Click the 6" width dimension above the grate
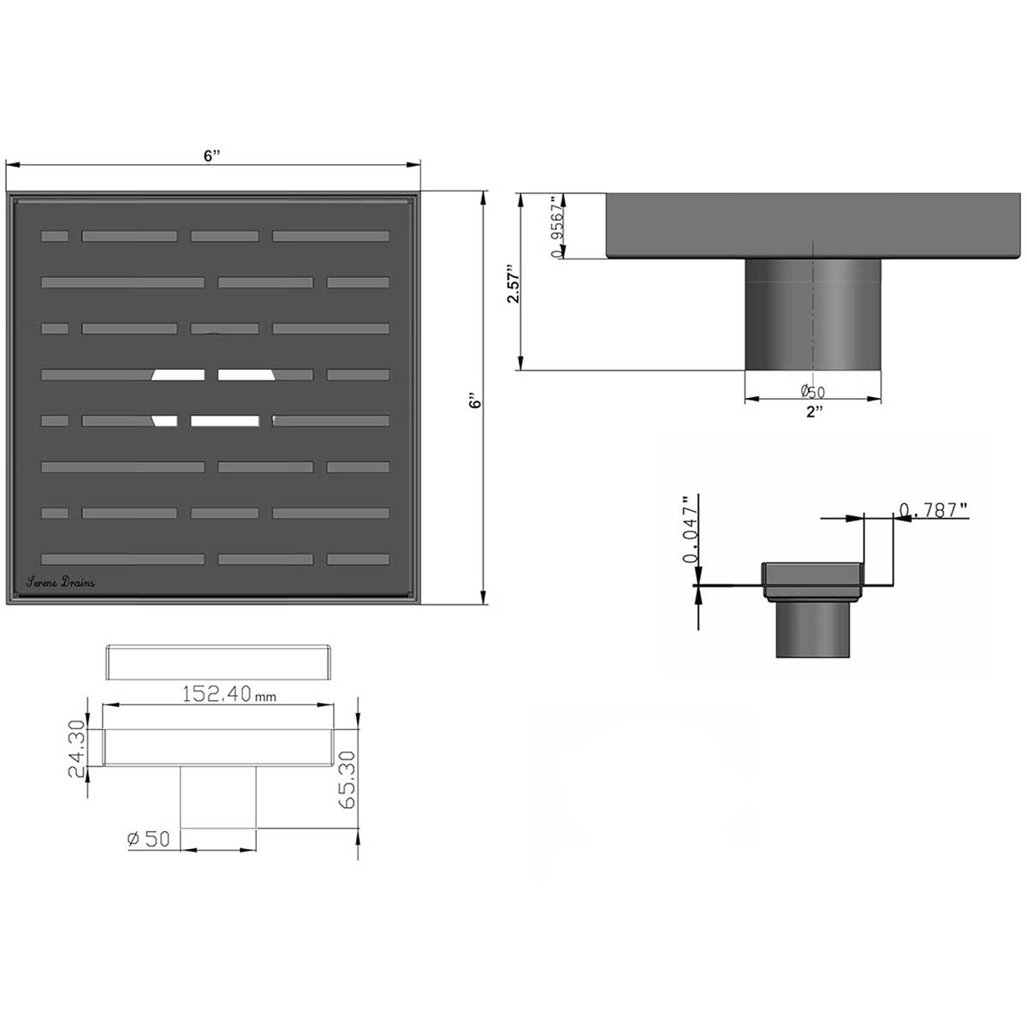[x=211, y=155]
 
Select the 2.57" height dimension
[x=512, y=283]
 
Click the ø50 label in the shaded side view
[x=812, y=391]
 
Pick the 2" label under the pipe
[x=813, y=413]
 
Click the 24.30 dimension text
[x=77, y=748]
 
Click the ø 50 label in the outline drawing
[x=148, y=840]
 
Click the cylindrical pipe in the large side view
[x=812, y=314]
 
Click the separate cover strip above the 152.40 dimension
[x=217, y=662]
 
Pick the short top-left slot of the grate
[x=55, y=236]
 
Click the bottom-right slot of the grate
[x=358, y=560]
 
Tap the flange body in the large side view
[x=813, y=224]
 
